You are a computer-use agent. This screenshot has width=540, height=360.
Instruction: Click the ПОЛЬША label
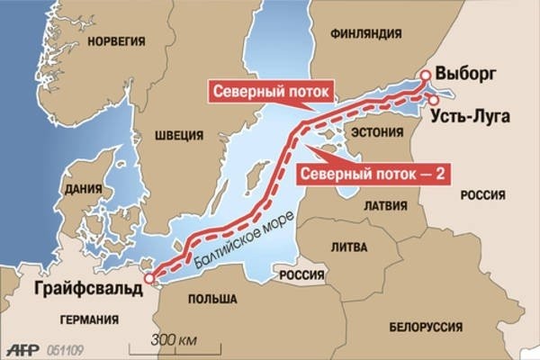[x=214, y=298]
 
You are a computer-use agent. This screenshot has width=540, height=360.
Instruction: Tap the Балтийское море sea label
[x=234, y=241]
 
